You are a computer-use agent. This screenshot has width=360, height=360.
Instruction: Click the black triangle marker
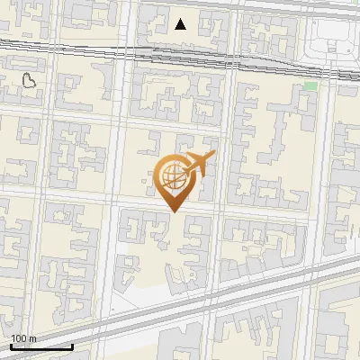tap(181, 24)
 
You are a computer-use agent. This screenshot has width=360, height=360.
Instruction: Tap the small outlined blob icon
tap(29, 81)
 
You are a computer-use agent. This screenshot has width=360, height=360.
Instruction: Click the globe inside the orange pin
tap(171, 176)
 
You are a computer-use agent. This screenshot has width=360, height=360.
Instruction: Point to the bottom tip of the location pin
tap(173, 211)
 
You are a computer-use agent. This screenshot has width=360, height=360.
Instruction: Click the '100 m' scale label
tap(23, 338)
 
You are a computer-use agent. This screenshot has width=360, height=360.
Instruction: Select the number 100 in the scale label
tap(19, 338)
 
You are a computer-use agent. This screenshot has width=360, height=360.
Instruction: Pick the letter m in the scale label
tap(32, 339)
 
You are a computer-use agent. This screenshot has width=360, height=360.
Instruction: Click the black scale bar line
tap(41, 346)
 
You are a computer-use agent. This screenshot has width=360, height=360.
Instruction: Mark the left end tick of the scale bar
tap(11, 345)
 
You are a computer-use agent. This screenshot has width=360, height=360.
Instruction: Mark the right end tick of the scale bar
tap(72, 345)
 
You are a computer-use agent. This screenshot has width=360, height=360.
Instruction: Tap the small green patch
tap(310, 85)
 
